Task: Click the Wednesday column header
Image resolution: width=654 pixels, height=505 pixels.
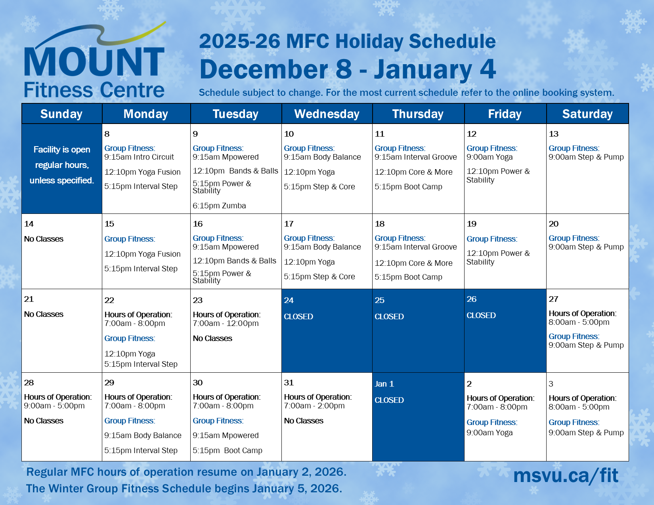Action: coord(327,114)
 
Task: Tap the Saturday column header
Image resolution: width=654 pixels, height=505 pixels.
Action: coord(587,114)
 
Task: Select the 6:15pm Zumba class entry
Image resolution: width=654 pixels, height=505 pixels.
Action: coord(219,206)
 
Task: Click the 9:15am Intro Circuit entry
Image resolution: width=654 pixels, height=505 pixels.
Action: coord(139,157)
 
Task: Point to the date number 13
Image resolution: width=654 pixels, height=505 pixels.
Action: coord(553,134)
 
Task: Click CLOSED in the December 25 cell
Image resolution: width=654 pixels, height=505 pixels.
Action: coord(389,316)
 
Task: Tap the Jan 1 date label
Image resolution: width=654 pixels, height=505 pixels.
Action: coord(384,384)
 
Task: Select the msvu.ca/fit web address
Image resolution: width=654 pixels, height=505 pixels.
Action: coord(566,475)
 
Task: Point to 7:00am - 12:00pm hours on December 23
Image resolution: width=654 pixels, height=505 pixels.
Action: coord(226,323)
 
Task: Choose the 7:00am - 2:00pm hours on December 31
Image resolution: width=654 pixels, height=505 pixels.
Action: coord(314,406)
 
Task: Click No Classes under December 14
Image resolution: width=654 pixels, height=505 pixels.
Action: coord(44,239)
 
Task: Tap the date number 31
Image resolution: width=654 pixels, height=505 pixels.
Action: coord(289,383)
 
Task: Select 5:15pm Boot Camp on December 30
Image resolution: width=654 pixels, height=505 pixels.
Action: coord(227,450)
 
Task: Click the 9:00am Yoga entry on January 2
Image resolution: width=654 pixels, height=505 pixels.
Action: coord(490,433)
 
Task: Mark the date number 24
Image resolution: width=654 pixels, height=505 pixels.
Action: coord(289,300)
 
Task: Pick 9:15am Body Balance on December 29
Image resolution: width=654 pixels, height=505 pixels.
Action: coord(143,435)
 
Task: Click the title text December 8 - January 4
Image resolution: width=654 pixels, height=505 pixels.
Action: coord(347,69)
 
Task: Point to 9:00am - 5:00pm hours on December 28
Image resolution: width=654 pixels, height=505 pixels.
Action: coord(54,406)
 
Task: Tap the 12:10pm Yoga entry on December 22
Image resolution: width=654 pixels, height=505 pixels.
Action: coord(130,354)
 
